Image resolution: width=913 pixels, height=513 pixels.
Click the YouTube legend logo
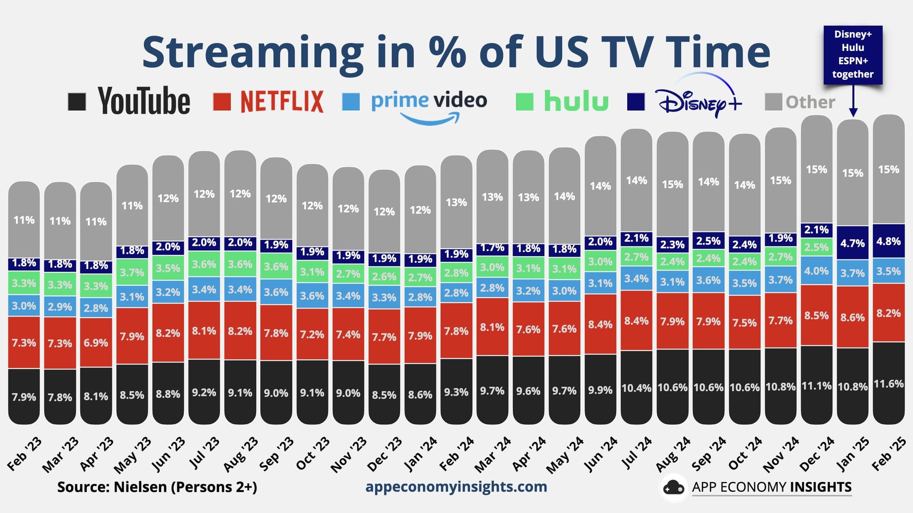click(144, 101)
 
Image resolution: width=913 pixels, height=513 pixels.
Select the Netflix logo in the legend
click(282, 101)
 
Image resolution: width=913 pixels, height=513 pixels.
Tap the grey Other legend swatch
click(773, 102)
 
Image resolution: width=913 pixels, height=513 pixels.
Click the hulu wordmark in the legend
click(576, 101)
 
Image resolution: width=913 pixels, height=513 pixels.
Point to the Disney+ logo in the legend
click(698, 101)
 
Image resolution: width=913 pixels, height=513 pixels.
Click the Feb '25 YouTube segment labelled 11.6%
click(888, 383)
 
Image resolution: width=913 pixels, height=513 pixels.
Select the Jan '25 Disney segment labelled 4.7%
click(852, 243)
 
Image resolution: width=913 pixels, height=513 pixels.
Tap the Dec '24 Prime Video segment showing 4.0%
click(816, 271)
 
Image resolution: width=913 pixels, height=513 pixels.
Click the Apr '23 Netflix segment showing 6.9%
click(96, 342)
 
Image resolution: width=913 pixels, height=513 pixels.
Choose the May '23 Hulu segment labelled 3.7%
click(132, 272)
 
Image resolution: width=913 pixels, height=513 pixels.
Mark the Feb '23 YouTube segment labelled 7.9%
click(24, 396)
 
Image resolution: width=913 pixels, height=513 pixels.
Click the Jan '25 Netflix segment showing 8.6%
click(852, 317)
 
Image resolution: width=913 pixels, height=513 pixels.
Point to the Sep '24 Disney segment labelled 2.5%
click(708, 241)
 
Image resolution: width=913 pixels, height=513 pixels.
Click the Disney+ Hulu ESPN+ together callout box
click(853, 54)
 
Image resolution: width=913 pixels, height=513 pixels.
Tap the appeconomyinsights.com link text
click(456, 486)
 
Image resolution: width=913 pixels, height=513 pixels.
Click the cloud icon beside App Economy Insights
click(673, 487)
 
